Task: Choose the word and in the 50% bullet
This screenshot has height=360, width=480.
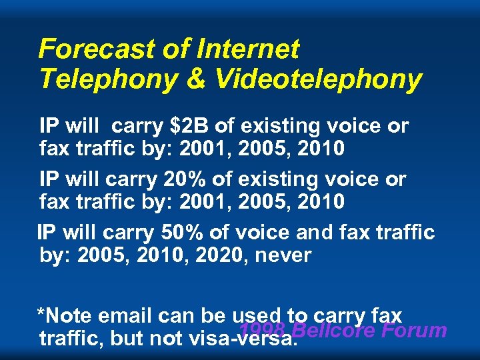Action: [x=311, y=233]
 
